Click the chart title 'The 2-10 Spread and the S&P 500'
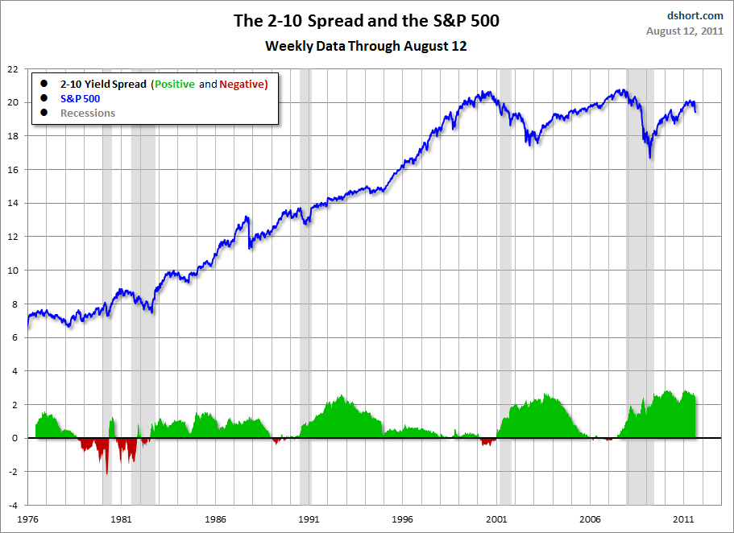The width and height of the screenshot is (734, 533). point(366,21)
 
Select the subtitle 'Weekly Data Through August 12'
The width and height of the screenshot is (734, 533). point(366,46)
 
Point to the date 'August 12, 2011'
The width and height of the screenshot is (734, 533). point(685,31)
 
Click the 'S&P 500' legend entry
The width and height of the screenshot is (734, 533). point(80,98)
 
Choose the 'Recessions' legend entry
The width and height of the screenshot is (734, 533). point(88,113)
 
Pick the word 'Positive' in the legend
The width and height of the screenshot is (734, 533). point(175,84)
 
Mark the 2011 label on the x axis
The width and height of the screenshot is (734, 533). point(684,519)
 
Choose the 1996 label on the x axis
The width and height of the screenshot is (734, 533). point(403,519)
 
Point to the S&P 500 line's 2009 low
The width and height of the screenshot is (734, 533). point(649,157)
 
